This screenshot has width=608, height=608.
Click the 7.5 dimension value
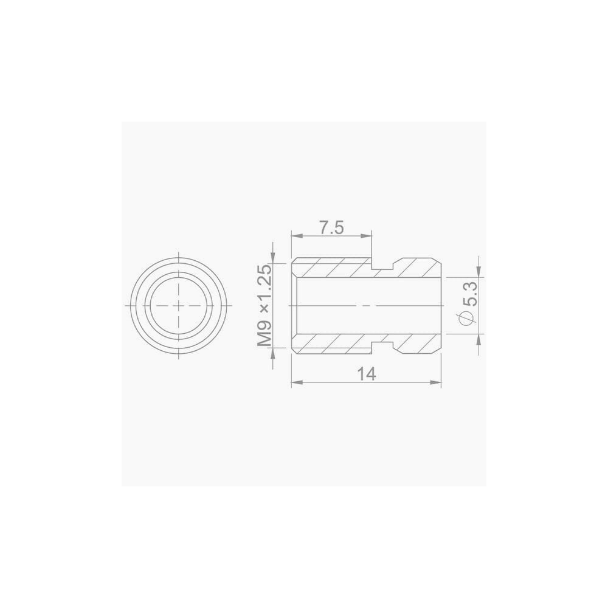click(x=331, y=228)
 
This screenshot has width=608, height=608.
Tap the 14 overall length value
click(x=367, y=374)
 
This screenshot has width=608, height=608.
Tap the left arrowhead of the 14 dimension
click(x=296, y=382)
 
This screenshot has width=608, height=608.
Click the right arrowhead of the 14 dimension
click(x=436, y=382)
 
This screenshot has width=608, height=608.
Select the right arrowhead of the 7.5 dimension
click(x=366, y=236)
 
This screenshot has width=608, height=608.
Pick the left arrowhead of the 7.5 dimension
click(x=296, y=236)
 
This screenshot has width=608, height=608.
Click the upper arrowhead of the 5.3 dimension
click(x=479, y=271)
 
